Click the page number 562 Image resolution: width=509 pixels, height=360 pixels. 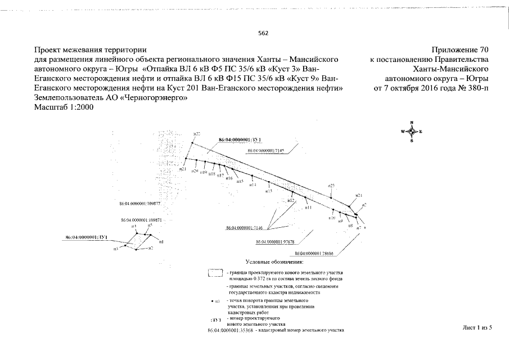[263, 33]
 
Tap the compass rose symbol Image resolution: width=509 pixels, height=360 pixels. [412, 132]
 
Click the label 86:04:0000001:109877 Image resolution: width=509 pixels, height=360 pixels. [141, 203]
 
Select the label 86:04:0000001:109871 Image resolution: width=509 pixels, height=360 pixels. [141, 220]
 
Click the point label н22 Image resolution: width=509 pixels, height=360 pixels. [196, 134]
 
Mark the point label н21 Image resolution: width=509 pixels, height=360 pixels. [182, 169]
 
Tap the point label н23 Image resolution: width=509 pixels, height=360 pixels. [331, 185]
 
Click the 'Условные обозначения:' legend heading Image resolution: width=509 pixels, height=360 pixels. [274, 262]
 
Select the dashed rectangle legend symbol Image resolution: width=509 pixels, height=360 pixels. [214, 274]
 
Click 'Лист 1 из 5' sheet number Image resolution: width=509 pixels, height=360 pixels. [477, 327]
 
